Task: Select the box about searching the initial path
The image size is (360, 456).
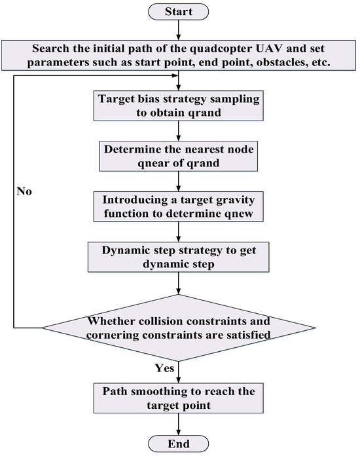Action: pos(179,56)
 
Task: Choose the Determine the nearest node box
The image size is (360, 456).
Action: pos(179,154)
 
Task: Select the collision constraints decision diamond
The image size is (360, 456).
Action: pos(179,326)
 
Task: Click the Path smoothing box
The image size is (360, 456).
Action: pos(179,398)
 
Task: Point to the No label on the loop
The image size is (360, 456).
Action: pos(25,193)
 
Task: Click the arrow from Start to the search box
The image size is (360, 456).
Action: pos(179,31)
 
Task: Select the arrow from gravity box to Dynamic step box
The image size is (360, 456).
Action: pos(179,231)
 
